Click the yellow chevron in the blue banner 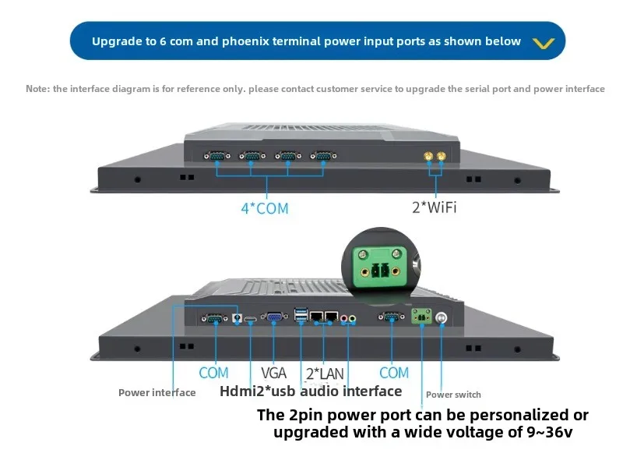(x=543, y=42)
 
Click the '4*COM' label (x=264, y=208)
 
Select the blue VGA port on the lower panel (x=274, y=317)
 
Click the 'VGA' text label (x=273, y=374)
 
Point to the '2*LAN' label (x=325, y=374)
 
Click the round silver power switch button (x=442, y=317)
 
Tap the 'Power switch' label (x=453, y=395)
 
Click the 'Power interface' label (x=157, y=392)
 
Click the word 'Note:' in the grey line (x=38, y=89)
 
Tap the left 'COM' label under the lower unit (x=213, y=373)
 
